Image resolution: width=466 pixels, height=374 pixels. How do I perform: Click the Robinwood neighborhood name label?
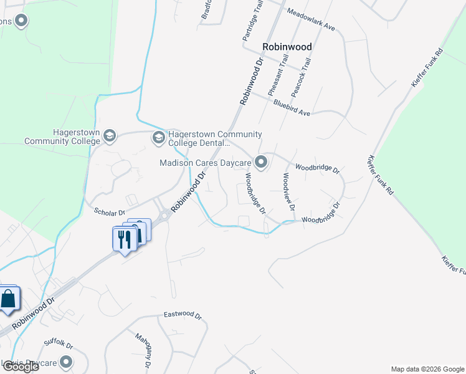coord(287,47)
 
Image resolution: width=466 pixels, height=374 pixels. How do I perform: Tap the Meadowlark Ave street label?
coord(311,20)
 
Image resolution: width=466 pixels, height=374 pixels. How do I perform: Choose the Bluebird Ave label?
coord(291,109)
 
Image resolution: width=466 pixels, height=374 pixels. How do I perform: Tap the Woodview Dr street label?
coord(287,191)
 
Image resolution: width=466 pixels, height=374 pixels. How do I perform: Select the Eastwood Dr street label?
coord(183,315)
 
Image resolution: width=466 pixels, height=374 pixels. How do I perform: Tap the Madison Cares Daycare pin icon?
coord(262,163)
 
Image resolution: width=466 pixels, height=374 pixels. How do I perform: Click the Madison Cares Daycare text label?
coord(205,163)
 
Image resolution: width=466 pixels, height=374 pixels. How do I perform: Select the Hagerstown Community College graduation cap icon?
coord(110,135)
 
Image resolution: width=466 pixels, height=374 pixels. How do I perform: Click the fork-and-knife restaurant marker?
coord(123,239)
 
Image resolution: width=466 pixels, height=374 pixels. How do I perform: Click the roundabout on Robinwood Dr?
coord(164,218)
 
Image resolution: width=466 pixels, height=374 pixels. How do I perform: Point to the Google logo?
coord(20,367)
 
